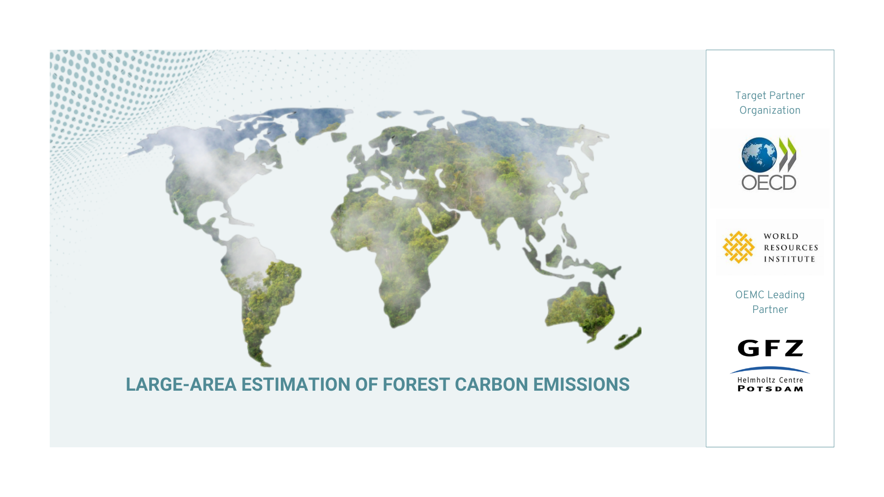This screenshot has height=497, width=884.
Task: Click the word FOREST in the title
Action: click(x=416, y=385)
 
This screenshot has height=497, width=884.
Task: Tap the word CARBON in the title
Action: click(x=491, y=385)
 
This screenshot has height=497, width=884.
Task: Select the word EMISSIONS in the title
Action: click(x=581, y=385)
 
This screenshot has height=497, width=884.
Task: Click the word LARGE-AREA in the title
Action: click(x=181, y=385)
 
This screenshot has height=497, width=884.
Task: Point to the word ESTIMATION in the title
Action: click(x=296, y=385)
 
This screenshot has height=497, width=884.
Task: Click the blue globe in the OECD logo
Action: click(x=759, y=155)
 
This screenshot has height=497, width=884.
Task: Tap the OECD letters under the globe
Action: click(x=769, y=183)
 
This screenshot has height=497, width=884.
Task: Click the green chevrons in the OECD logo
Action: click(x=787, y=154)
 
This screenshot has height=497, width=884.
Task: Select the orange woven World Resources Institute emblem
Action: click(x=739, y=247)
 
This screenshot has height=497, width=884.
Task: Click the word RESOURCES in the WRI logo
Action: click(x=791, y=248)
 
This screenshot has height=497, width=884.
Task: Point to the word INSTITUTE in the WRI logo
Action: click(x=790, y=259)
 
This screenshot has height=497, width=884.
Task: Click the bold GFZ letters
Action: click(x=770, y=348)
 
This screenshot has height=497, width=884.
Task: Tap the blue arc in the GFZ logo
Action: click(x=770, y=369)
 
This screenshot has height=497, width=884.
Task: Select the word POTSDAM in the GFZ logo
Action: click(x=770, y=389)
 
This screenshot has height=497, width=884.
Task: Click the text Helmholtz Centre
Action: click(x=770, y=380)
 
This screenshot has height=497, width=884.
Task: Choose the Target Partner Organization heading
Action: click(x=770, y=103)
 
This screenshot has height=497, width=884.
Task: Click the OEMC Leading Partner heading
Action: click(x=770, y=302)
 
